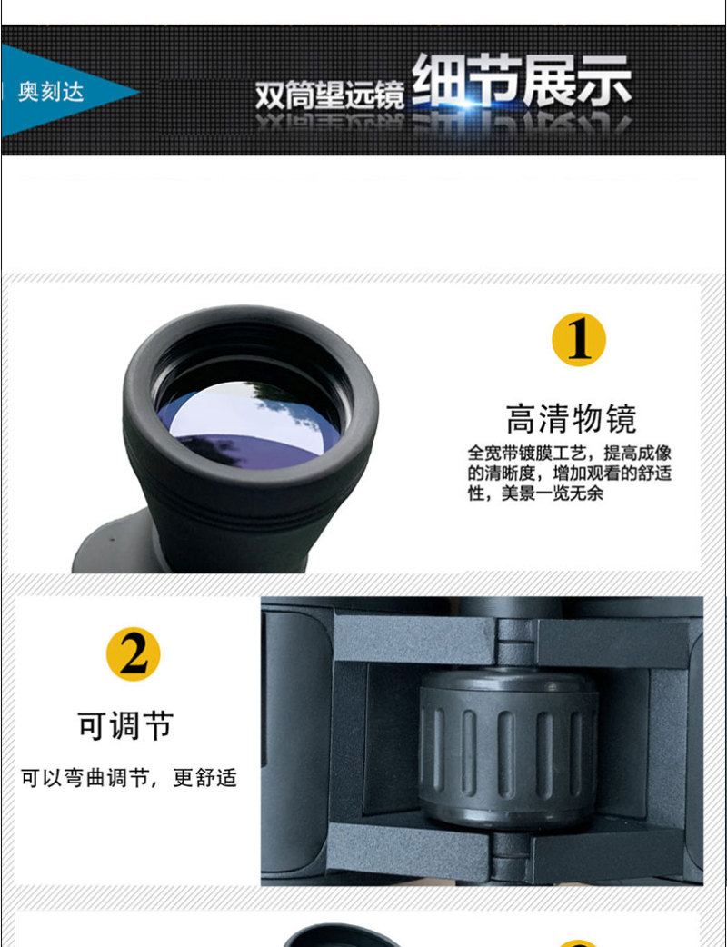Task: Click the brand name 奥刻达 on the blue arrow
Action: pyautogui.click(x=51, y=92)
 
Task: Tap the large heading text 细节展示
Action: pyautogui.click(x=522, y=81)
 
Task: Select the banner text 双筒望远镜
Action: pyautogui.click(x=330, y=95)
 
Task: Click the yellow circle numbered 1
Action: pyautogui.click(x=579, y=339)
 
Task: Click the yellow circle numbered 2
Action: pyautogui.click(x=133, y=654)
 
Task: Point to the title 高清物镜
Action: pyautogui.click(x=572, y=419)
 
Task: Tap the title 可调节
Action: pyautogui.click(x=125, y=725)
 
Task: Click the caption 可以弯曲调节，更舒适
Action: pyautogui.click(x=129, y=777)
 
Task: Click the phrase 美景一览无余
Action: pyautogui.click(x=552, y=493)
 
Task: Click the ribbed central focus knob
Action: pyautogui.click(x=508, y=748)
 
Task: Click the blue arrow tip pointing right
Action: pyautogui.click(x=138, y=93)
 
